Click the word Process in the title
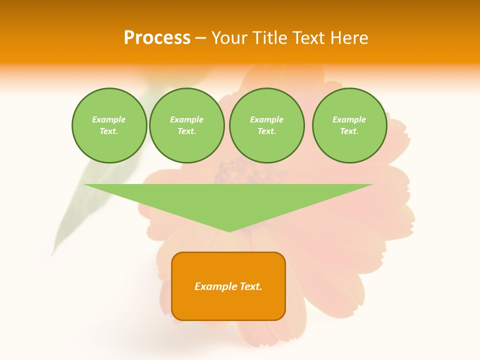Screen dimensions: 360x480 point(157,38)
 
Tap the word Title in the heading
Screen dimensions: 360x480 point(270,38)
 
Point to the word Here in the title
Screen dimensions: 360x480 point(351,38)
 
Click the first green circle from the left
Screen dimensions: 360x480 point(109,125)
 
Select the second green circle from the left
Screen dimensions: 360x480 point(186,125)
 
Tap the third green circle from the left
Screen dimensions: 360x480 point(266,125)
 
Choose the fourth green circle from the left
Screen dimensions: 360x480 point(349,125)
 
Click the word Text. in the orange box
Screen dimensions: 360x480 point(250,286)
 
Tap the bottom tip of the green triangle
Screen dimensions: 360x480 point(229,231)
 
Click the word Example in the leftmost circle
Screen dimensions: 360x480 point(109,119)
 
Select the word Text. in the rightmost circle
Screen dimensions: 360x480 point(349,131)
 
